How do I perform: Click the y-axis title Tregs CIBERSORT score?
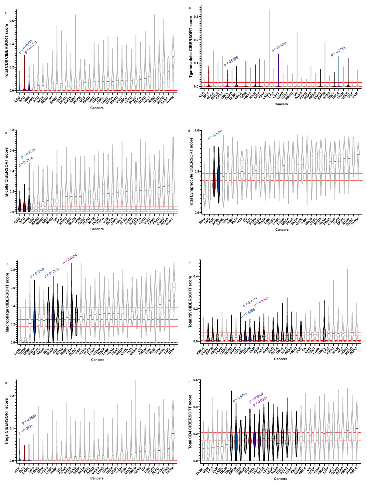(6, 420)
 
